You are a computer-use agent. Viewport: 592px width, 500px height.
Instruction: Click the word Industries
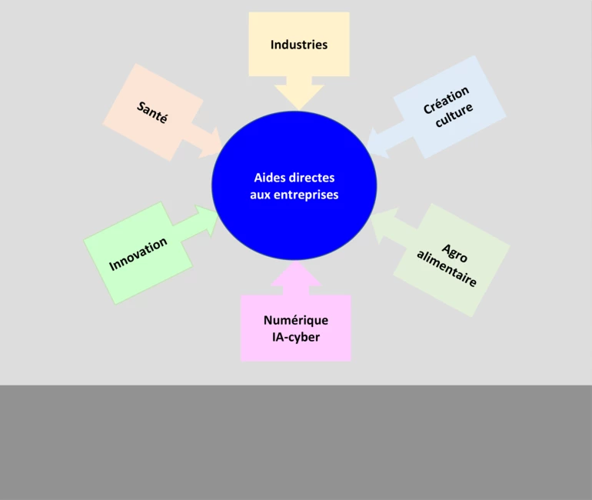[298, 45]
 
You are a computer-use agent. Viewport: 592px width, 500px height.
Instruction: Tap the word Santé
[152, 113]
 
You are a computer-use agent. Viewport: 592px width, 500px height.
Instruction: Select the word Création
[446, 101]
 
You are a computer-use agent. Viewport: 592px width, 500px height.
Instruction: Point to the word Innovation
[138, 255]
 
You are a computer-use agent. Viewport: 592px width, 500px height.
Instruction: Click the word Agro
[455, 253]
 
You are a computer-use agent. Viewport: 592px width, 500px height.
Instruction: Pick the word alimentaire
[447, 268]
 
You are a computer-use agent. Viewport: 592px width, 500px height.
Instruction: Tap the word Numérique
[295, 320]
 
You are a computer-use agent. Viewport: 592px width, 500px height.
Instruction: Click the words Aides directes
[294, 178]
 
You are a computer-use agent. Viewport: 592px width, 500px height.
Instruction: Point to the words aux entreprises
[294, 195]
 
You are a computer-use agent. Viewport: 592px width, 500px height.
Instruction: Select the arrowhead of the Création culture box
[377, 139]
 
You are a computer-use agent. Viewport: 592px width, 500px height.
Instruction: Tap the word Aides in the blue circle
[268, 178]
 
